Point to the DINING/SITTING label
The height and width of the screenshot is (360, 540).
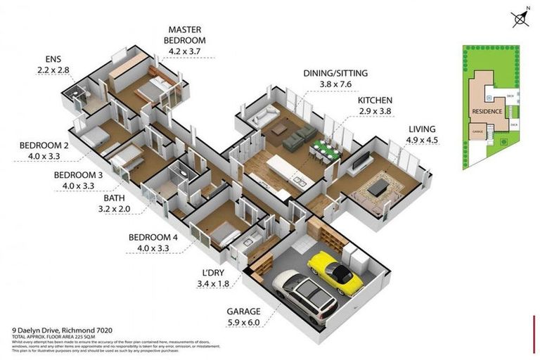tap(335, 72)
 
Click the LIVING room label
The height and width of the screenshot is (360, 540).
tap(421, 129)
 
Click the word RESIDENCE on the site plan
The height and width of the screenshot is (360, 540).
tap(487, 111)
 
